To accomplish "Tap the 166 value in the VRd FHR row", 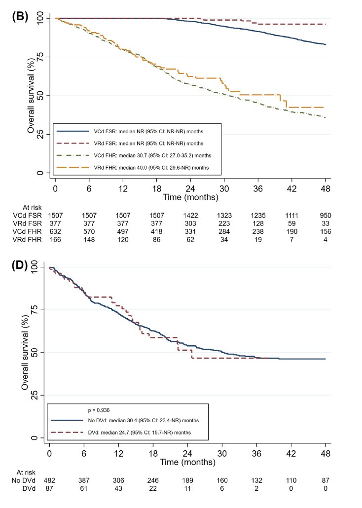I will pos(55,240).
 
